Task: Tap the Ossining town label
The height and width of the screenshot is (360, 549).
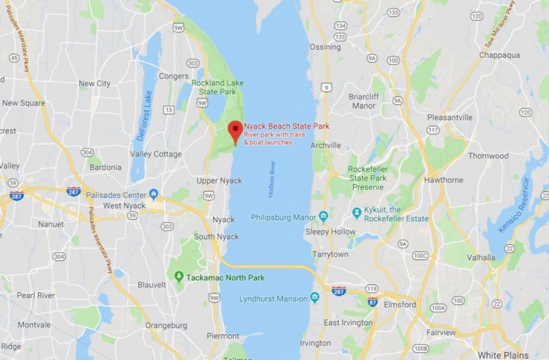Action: (x=325, y=47)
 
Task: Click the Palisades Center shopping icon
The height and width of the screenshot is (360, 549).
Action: (x=154, y=194)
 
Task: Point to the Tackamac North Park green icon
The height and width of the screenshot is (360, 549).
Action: (x=179, y=276)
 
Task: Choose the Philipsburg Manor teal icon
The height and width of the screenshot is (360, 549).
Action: (x=323, y=216)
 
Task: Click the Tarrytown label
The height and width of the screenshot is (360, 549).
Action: (x=330, y=254)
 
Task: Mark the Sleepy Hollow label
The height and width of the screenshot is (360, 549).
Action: (x=330, y=231)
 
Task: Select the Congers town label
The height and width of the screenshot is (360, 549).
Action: (x=174, y=76)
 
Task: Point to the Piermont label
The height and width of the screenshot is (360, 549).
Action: (x=224, y=335)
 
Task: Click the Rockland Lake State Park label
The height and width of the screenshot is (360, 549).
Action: (x=217, y=87)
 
